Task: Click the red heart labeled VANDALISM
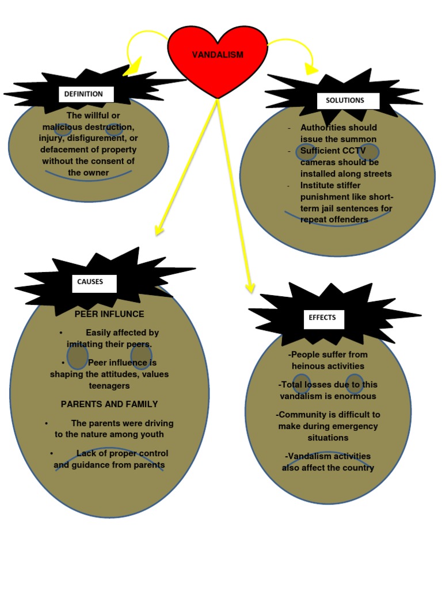pos(218,60)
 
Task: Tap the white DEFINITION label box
pos(86,94)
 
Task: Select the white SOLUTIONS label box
pos(348,101)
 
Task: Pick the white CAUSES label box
pos(94,283)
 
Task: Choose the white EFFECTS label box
pos(323,319)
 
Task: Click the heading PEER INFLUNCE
pos(109,314)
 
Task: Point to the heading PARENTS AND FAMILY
pos(109,404)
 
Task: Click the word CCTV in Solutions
pos(354,151)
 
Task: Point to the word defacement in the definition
pos(62,150)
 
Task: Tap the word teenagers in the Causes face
pos(109,386)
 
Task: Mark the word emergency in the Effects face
pos(355,426)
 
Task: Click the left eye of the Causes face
pos(78,357)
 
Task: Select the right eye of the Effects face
pos(355,383)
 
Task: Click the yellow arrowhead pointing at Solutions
pos(311,69)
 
